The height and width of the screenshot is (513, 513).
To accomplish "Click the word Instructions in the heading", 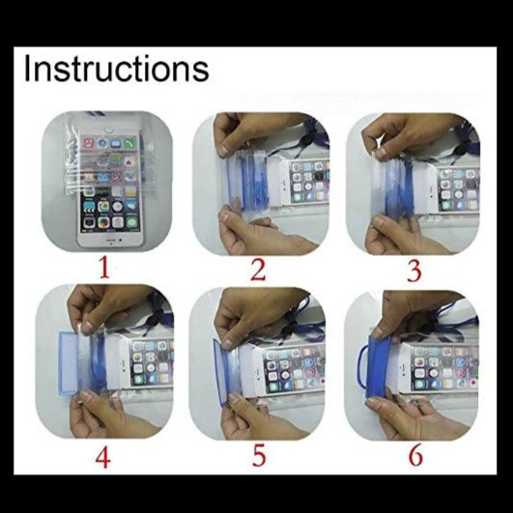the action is tap(116, 69).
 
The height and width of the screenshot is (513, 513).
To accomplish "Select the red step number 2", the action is tap(258, 271).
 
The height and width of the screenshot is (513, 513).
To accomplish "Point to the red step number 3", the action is tap(413, 271).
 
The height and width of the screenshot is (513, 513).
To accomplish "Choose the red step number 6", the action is tap(415, 455).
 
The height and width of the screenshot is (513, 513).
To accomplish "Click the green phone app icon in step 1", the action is tap(129, 143).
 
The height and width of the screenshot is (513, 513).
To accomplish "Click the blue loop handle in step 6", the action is tap(360, 367).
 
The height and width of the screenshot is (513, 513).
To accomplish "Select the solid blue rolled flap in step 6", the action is tap(380, 366).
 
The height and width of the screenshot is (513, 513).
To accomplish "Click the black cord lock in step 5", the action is tap(289, 328).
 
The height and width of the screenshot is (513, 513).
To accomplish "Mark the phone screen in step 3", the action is tap(459, 189).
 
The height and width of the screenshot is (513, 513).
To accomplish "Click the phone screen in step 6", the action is tap(444, 368).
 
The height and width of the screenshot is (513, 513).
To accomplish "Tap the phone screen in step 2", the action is tap(310, 182).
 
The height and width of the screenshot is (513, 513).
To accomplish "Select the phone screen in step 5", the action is tap(293, 369).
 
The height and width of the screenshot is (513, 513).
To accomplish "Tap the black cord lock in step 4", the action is tap(157, 316).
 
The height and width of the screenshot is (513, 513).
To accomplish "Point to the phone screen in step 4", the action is tap(152, 363).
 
